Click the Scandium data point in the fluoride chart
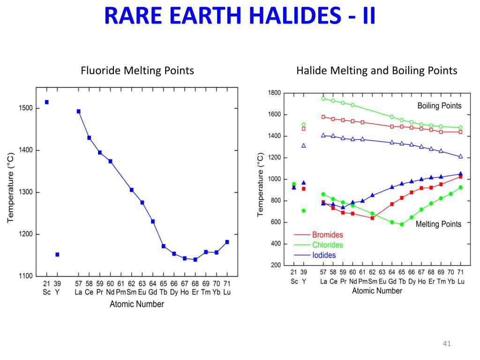tap(46, 102)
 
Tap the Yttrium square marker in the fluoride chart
tap(57, 255)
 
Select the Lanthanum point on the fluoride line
tap(78, 112)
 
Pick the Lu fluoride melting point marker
tap(227, 242)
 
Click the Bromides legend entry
tap(327, 235)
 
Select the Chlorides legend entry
tap(327, 245)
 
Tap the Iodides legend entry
tap(324, 255)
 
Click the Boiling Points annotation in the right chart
tap(439, 105)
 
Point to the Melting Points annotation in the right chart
tap(438, 224)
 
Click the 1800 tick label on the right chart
tap(274, 93)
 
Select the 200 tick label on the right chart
tap(276, 265)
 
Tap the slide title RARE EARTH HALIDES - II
tap(240, 16)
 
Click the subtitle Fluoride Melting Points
tap(137, 71)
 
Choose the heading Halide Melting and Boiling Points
tap(376, 71)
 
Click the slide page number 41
tap(446, 345)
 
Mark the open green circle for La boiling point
tap(323, 98)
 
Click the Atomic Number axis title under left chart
tap(137, 304)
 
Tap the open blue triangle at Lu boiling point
tap(460, 157)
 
